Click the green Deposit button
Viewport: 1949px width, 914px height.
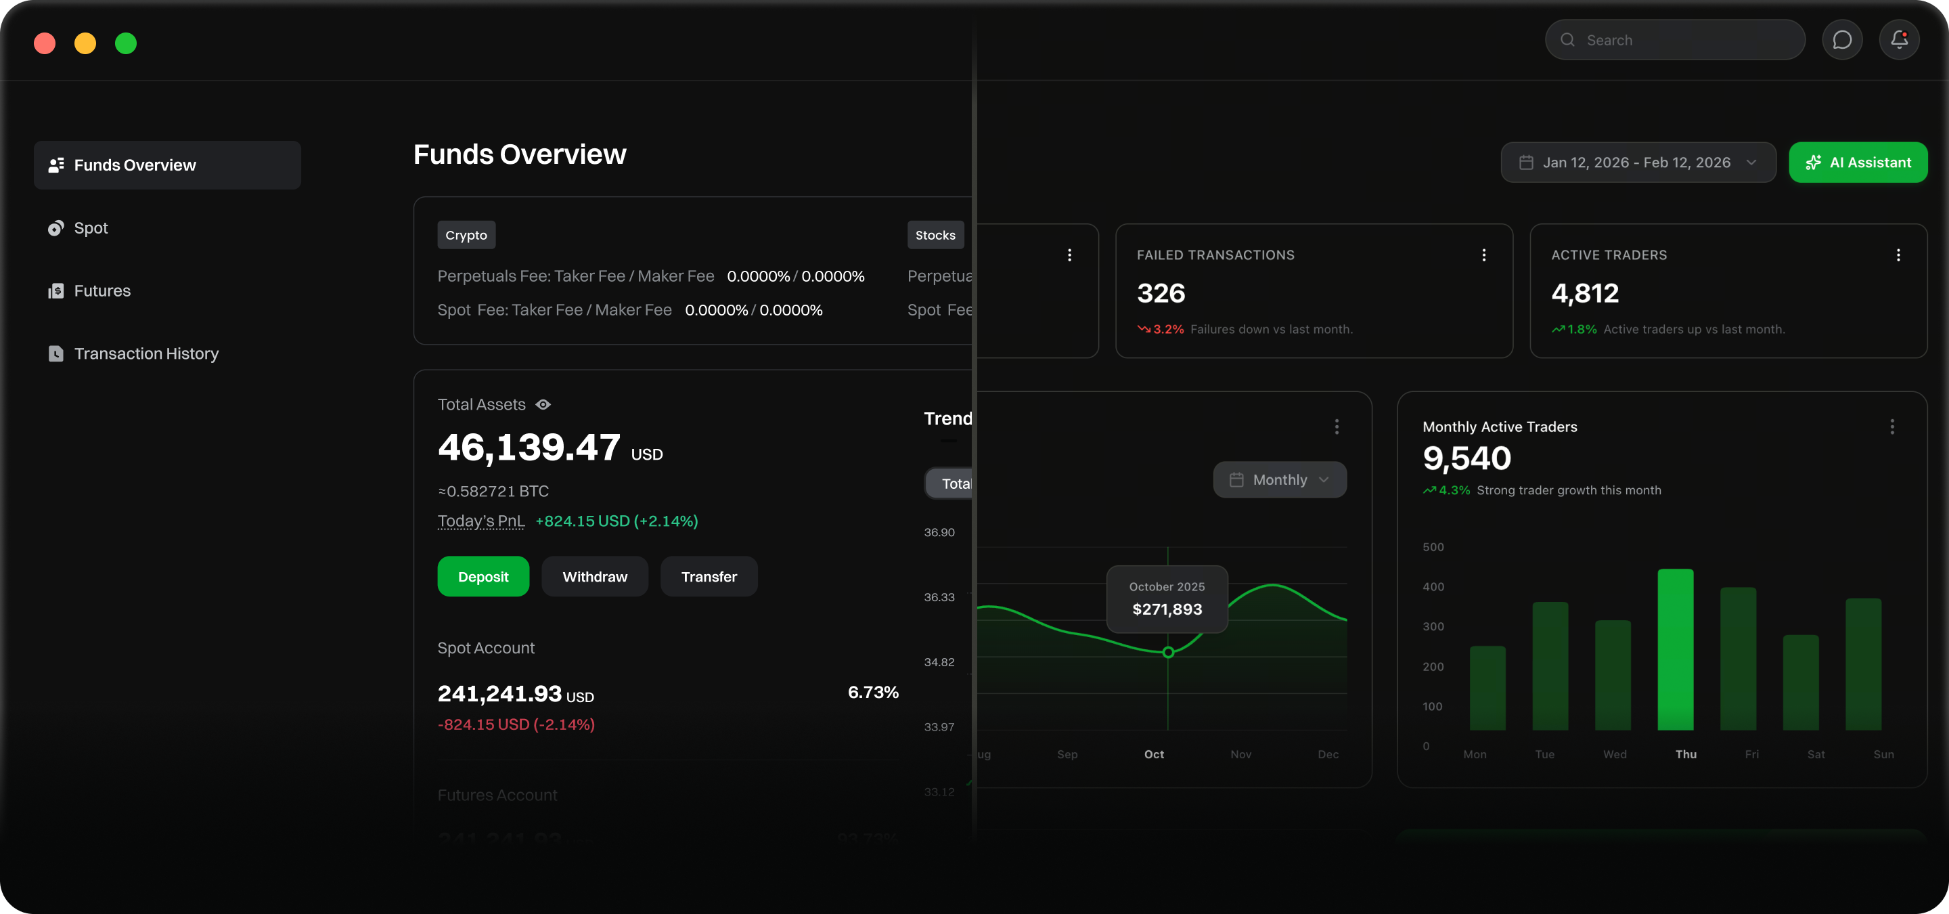(483, 577)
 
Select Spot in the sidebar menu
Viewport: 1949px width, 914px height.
(91, 227)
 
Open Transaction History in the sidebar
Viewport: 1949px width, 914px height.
(146, 353)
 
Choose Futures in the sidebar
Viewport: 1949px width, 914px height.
(102, 290)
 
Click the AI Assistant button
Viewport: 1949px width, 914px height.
(1858, 162)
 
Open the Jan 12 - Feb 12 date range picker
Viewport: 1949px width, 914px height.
(1637, 162)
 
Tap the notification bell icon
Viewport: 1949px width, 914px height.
(1898, 40)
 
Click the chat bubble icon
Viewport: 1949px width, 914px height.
(1841, 40)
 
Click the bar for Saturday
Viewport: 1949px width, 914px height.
(1800, 682)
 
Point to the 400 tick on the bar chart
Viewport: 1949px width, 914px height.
(1433, 586)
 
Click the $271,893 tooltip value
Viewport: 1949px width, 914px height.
(1167, 609)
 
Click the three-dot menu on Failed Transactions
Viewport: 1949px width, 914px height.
(1483, 255)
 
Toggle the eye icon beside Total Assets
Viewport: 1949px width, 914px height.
(543, 405)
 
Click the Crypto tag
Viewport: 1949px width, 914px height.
(466, 236)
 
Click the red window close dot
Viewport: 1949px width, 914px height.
(45, 43)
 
